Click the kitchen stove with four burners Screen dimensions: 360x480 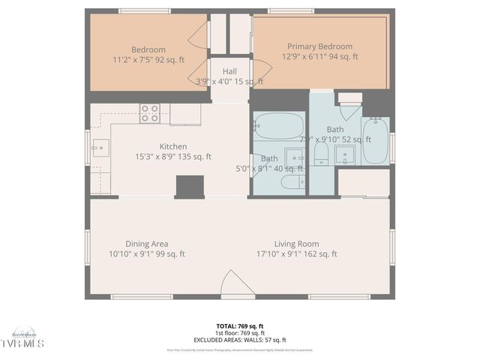149,114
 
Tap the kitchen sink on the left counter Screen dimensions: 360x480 99,148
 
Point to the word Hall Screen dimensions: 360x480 229,71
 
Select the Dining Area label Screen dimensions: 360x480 146,244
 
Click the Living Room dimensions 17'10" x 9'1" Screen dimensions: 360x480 297,254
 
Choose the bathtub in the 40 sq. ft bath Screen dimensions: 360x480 278,125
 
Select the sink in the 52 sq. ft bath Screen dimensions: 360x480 345,154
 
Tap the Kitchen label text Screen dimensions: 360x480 172,146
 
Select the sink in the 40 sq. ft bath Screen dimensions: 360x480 295,159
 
